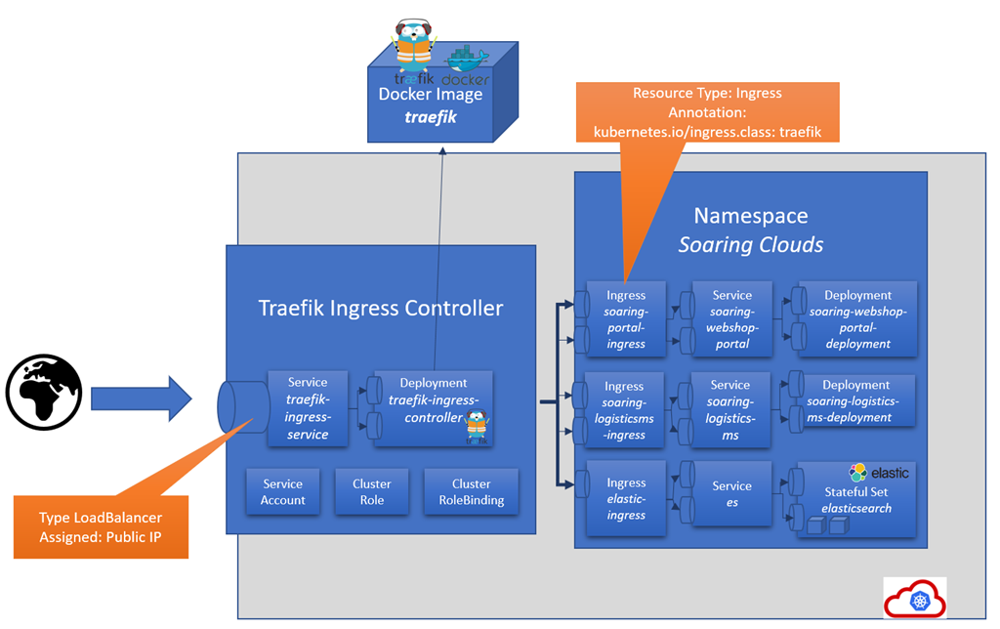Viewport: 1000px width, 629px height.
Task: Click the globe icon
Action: pyautogui.click(x=43, y=393)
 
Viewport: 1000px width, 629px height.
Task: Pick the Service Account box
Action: pyautogui.click(x=283, y=491)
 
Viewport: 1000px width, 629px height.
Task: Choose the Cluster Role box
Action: pyautogui.click(x=371, y=491)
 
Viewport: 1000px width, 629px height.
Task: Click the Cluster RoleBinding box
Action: pyautogui.click(x=471, y=491)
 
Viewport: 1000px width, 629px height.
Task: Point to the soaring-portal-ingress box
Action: pyautogui.click(x=625, y=318)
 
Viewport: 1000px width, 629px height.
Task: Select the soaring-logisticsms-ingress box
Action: pyautogui.click(x=625, y=410)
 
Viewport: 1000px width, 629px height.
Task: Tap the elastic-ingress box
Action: pyautogui.click(x=625, y=499)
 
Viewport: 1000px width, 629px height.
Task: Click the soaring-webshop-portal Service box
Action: pyautogui.click(x=731, y=318)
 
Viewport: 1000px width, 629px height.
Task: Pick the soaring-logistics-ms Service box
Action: pyautogui.click(x=730, y=410)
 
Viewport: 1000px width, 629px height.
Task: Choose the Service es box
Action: pyautogui.click(x=731, y=493)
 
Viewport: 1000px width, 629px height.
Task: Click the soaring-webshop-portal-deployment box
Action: pyautogui.click(x=857, y=318)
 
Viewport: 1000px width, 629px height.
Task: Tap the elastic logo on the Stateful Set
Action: pyautogui.click(x=879, y=473)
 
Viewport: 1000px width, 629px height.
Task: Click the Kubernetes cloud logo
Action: pyautogui.click(x=915, y=597)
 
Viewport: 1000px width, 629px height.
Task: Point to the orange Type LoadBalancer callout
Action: pyautogui.click(x=101, y=526)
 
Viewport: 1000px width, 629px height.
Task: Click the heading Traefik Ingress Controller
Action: pyautogui.click(x=380, y=309)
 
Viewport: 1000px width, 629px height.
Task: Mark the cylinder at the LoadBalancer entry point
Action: pyautogui.click(x=242, y=407)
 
